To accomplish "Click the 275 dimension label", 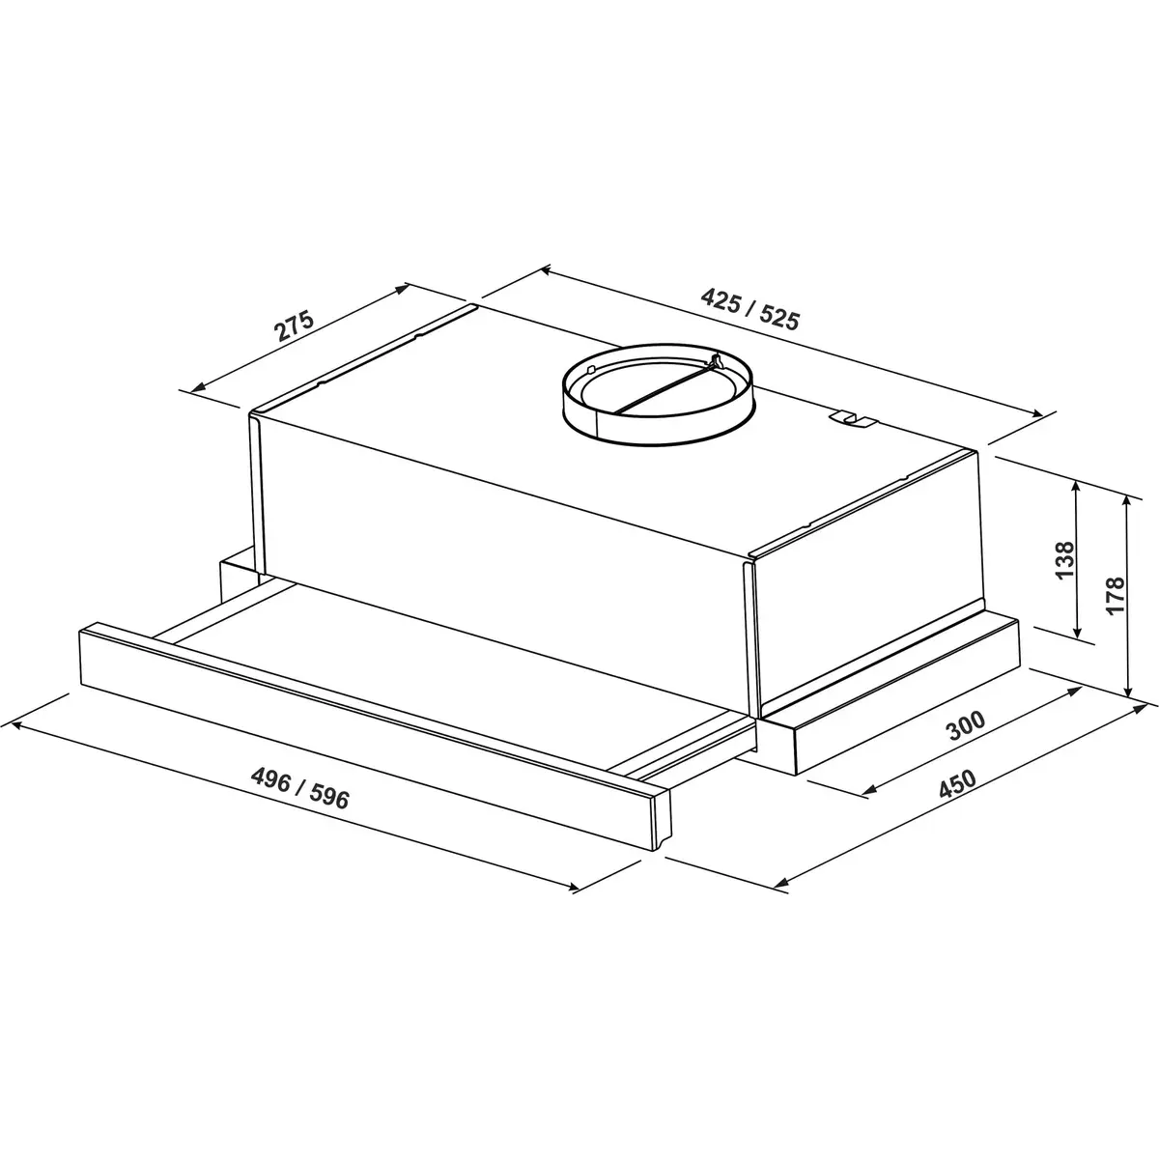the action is tap(295, 325).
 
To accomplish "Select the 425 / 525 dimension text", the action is tap(750, 309).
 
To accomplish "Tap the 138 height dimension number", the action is tap(1064, 560).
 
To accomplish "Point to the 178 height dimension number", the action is tap(1115, 595).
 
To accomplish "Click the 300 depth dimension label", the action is tap(966, 725).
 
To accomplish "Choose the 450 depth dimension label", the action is tap(957, 783).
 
